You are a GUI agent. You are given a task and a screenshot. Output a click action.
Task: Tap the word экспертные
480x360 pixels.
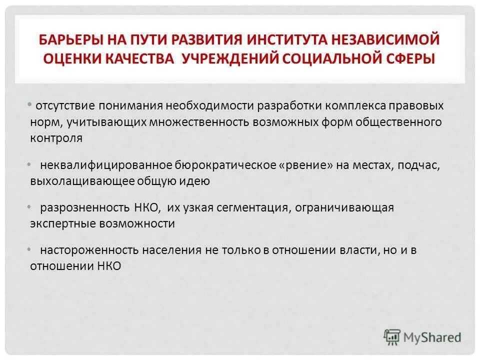point(57,224)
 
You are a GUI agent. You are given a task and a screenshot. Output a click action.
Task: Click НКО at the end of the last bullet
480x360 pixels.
point(110,266)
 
